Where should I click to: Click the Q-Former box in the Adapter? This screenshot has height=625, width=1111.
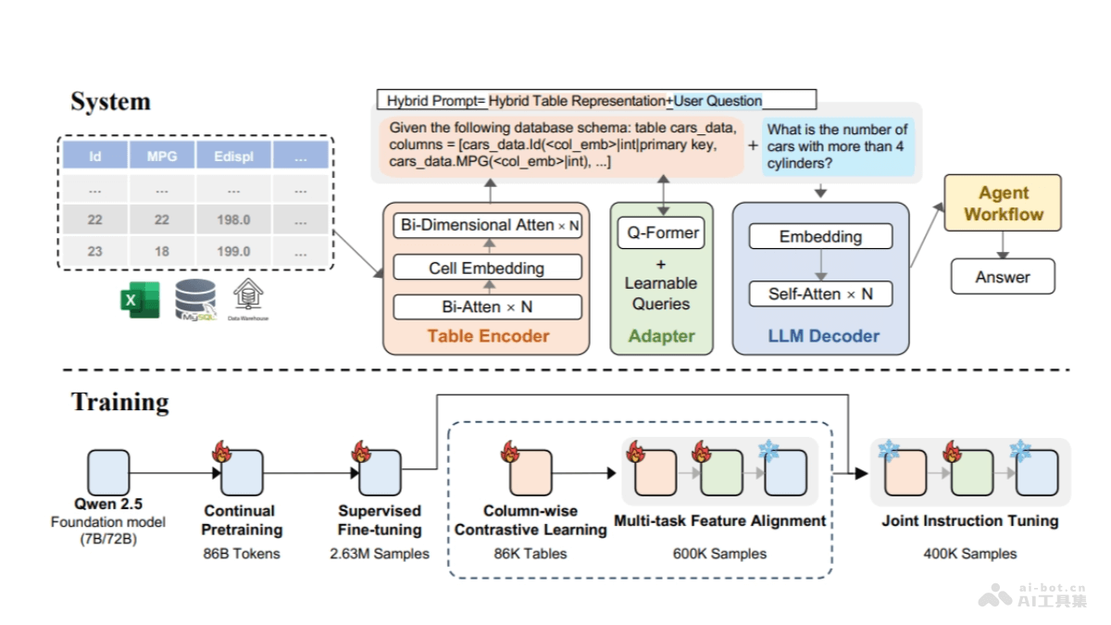point(661,232)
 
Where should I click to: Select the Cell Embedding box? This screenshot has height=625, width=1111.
point(487,268)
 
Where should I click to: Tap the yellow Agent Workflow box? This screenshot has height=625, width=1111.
point(1004,204)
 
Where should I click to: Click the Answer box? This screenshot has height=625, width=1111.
point(1003,276)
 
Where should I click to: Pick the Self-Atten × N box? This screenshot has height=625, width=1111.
point(820,294)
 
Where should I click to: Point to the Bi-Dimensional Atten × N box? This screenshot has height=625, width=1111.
point(487,225)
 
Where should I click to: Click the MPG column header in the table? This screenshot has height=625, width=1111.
point(162,156)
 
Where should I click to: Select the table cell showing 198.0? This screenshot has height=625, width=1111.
point(232,219)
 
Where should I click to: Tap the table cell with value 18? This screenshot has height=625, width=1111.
point(162,251)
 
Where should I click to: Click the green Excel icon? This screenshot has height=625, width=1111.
point(140,300)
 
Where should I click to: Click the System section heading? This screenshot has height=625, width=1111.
point(110,101)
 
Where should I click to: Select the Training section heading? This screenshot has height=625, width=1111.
point(120,402)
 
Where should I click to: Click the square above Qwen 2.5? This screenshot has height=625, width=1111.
point(109,472)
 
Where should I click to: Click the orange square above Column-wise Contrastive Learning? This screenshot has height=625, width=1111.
point(531,472)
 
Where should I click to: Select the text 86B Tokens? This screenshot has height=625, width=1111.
point(240,554)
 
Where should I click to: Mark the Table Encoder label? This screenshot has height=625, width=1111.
point(488,336)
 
